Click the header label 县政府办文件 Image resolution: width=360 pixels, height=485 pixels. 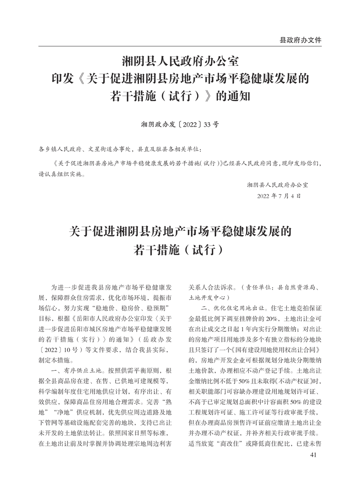click(x=300, y=40)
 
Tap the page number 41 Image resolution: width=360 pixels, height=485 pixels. click(x=314, y=455)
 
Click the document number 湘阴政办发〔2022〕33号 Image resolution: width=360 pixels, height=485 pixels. click(x=180, y=124)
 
